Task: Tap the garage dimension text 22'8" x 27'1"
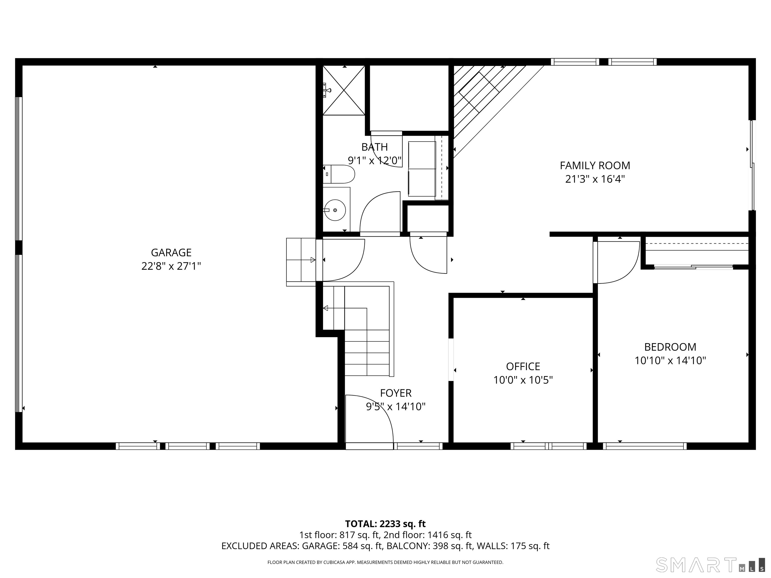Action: pyautogui.click(x=171, y=266)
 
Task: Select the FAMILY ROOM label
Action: pyautogui.click(x=595, y=166)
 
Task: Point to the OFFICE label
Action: pyautogui.click(x=523, y=366)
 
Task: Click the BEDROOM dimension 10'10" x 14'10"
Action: pyautogui.click(x=670, y=360)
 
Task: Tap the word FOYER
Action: pyautogui.click(x=396, y=393)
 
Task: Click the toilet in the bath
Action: pyautogui.click(x=339, y=174)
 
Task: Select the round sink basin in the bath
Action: pyautogui.click(x=335, y=210)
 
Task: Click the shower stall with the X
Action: pyautogui.click(x=344, y=90)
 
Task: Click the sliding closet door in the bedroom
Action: pyautogui.click(x=694, y=267)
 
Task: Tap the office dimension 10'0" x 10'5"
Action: pyautogui.click(x=523, y=380)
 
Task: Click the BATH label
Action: pyautogui.click(x=374, y=147)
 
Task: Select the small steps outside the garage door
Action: pyautogui.click(x=301, y=262)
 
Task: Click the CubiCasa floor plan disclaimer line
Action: pyautogui.click(x=385, y=562)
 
